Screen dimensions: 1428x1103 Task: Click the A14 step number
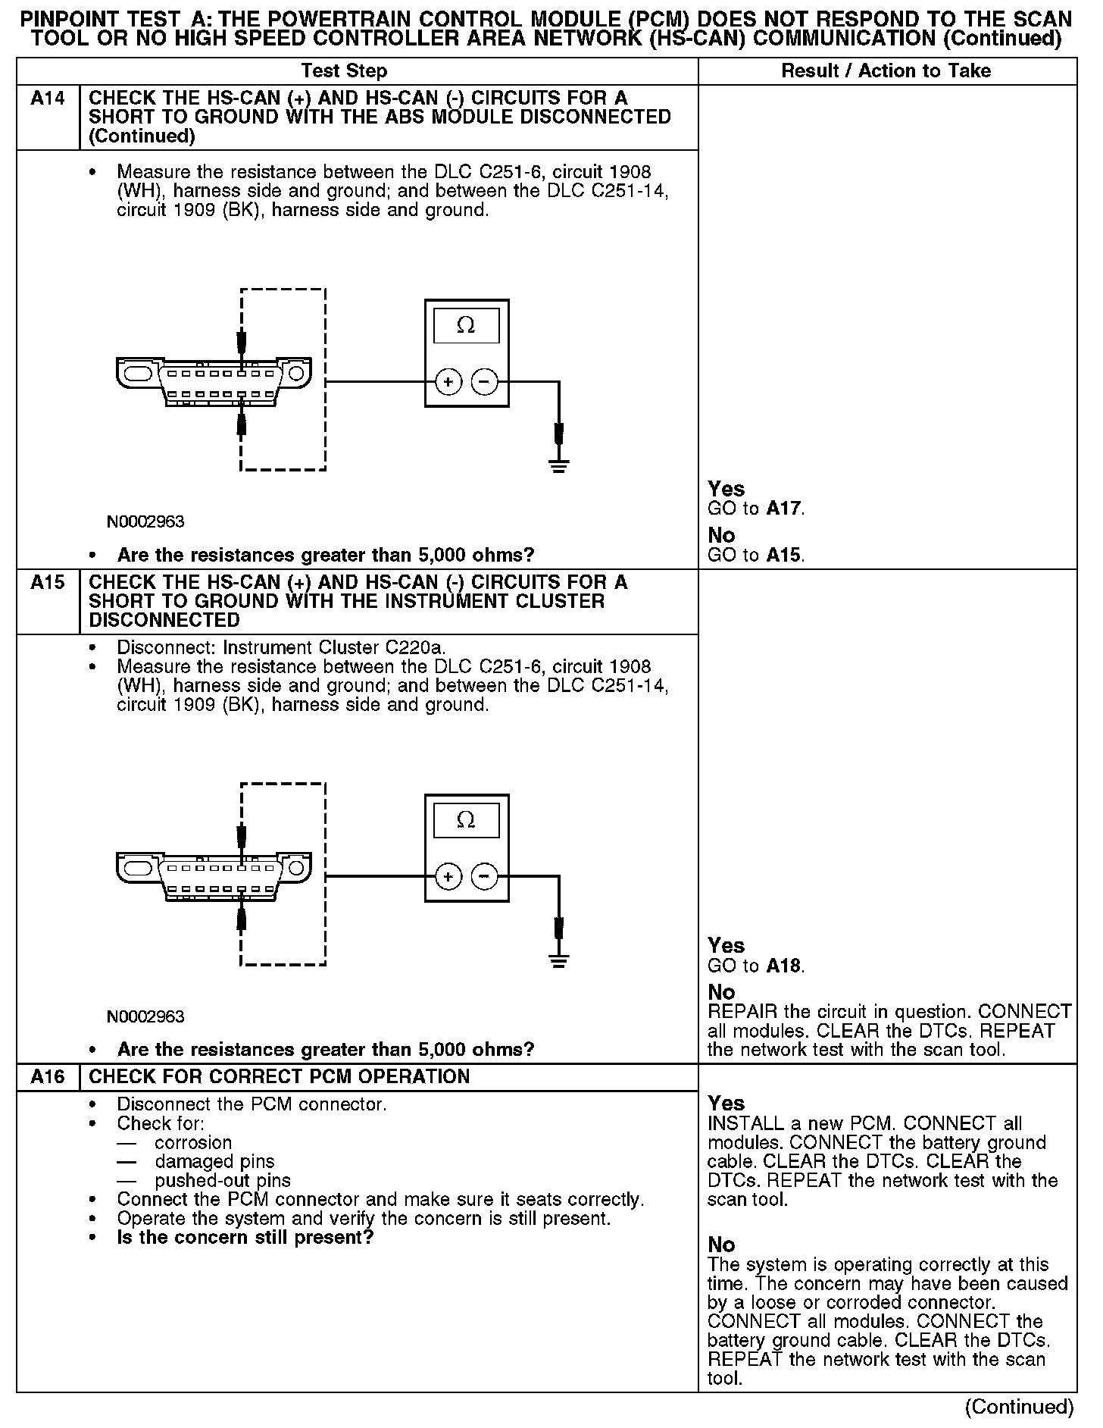[x=47, y=99]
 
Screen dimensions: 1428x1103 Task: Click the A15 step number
[x=47, y=583]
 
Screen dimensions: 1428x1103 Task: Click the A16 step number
[x=47, y=1077]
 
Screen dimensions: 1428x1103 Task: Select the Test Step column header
[x=344, y=71]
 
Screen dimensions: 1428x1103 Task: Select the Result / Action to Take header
[x=886, y=71]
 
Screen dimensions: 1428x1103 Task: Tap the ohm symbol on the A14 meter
[x=466, y=326]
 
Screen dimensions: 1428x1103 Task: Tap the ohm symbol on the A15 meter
[x=466, y=821]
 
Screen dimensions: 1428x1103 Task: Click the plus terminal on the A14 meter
[x=448, y=382]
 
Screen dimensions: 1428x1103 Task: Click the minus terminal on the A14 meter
[x=485, y=382]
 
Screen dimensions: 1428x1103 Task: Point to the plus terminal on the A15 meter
[x=448, y=877]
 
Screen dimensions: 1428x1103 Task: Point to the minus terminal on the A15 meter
[x=485, y=877]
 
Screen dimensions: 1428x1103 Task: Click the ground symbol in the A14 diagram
[x=559, y=465]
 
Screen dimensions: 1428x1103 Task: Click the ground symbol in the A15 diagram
[x=559, y=960]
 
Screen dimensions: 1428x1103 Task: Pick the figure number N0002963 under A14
[x=145, y=521]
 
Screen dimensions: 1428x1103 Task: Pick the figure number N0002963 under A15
[x=145, y=1016]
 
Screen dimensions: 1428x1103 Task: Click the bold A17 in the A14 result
[x=784, y=509]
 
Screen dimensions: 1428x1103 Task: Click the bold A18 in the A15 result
[x=784, y=966]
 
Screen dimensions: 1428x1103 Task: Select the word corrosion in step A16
[x=193, y=1142]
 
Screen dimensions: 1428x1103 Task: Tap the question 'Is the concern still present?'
[x=245, y=1237]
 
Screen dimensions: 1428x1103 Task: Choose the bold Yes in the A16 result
[x=726, y=1103]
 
